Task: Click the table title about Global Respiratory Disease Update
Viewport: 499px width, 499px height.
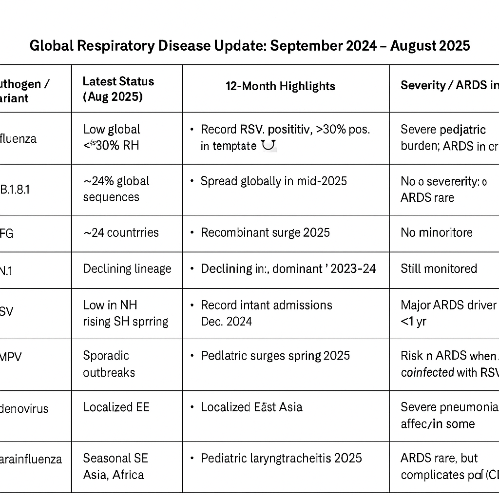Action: pyautogui.click(x=249, y=46)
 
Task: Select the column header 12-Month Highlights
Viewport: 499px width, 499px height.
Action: pyautogui.click(x=280, y=86)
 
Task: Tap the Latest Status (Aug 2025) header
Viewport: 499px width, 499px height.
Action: pyautogui.click(x=118, y=89)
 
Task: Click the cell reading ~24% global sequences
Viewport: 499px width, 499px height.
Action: pyautogui.click(x=116, y=189)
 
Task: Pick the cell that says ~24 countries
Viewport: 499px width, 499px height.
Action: pyautogui.click(x=121, y=232)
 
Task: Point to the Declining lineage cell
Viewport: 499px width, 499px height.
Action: pyautogui.click(x=127, y=269)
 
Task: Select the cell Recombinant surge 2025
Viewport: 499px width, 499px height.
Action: pyautogui.click(x=265, y=232)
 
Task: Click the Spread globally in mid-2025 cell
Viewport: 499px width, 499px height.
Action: pyautogui.click(x=273, y=181)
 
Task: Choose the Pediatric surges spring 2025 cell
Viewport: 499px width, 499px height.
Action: pyautogui.click(x=275, y=356)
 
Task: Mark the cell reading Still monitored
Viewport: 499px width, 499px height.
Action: pyautogui.click(x=439, y=269)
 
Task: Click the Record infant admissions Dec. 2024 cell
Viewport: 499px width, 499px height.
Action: pyautogui.click(x=266, y=313)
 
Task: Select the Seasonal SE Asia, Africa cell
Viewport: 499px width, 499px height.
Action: pyautogui.click(x=115, y=466)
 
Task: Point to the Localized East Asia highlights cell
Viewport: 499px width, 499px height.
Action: pyautogui.click(x=251, y=407)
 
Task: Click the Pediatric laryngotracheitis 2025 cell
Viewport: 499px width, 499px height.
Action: pyautogui.click(x=281, y=458)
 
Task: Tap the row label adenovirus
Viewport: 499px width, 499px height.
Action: pyautogui.click(x=24, y=408)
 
